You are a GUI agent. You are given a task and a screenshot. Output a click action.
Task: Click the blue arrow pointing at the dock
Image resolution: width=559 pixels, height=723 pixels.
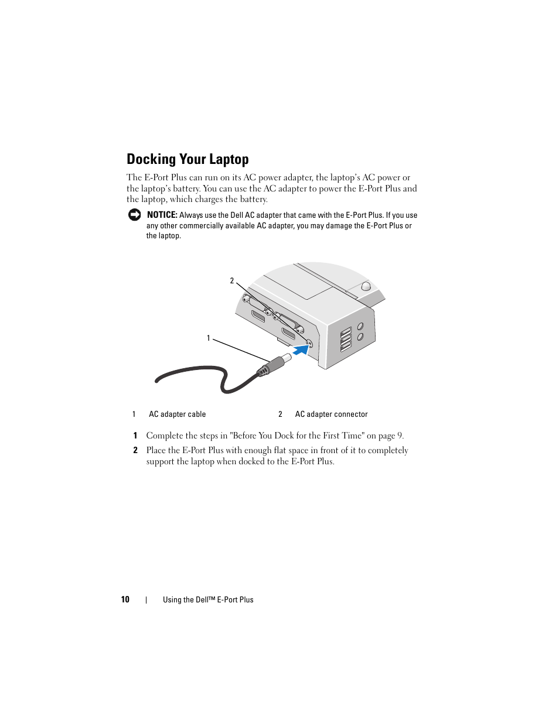tap(300, 349)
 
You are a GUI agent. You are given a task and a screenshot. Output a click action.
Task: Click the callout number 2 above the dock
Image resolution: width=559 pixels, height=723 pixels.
tap(232, 281)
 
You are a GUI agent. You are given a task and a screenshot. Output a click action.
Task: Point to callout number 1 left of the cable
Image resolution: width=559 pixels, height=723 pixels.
tap(208, 338)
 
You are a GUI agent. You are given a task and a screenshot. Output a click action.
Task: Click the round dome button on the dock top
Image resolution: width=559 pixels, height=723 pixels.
tap(366, 286)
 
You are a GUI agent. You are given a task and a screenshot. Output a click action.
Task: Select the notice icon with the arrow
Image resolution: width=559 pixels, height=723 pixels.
tap(134, 215)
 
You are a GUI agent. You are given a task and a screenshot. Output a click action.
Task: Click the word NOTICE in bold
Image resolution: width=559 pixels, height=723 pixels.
tap(162, 215)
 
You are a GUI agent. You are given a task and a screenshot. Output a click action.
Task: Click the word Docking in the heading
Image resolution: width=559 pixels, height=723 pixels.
tap(151, 159)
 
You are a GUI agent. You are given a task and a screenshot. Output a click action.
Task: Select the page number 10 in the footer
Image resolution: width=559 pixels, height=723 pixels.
tap(125, 599)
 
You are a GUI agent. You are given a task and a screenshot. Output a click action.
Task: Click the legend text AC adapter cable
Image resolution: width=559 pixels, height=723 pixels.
tap(178, 414)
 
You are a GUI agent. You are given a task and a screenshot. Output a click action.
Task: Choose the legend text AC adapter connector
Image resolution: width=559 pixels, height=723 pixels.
tap(331, 414)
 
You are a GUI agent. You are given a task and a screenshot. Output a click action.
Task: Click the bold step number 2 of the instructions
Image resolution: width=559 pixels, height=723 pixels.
tap(135, 450)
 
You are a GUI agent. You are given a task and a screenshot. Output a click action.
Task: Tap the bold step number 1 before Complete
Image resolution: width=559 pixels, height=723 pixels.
tap(135, 436)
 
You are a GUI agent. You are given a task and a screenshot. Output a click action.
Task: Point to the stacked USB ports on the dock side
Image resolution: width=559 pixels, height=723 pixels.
tap(346, 339)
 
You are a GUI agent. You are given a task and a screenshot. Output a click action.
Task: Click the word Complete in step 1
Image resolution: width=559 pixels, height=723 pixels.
tap(165, 436)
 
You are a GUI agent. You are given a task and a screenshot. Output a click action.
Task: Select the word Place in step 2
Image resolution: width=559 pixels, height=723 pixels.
tap(156, 450)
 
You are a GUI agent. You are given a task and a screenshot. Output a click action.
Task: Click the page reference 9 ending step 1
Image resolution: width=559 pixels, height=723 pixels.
tap(400, 436)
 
